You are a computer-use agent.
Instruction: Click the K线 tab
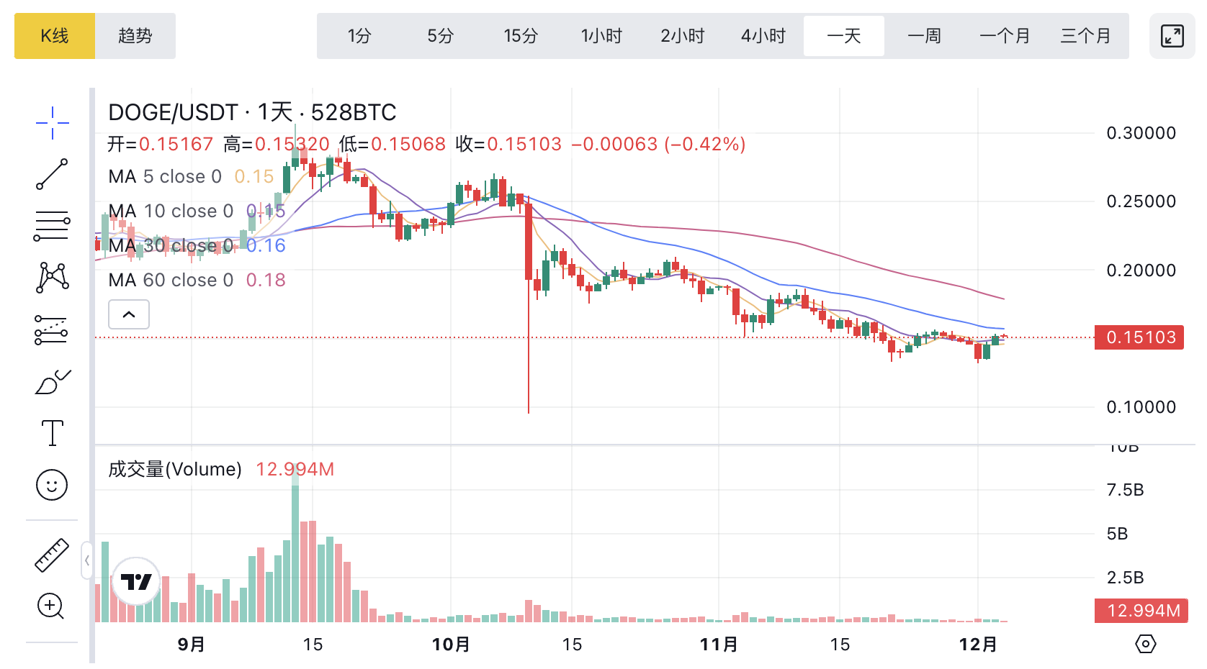pos(55,36)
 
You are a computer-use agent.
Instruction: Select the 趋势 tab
pos(135,36)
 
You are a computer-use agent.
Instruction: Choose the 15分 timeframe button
pos(521,36)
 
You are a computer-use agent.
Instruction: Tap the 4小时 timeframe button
pos(763,36)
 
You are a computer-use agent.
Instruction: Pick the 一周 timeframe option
pos(924,36)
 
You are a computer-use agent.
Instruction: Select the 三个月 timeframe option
pos(1085,36)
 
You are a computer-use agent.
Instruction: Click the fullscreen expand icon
pos(1172,36)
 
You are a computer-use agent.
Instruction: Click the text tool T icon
pos(52,433)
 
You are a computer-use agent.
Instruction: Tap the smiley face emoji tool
pos(52,486)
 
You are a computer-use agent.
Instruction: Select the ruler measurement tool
pos(52,555)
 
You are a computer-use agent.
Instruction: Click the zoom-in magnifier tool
pos(50,606)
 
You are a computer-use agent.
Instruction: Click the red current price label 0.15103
pos(1140,337)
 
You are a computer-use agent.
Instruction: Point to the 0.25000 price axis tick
pos(1141,201)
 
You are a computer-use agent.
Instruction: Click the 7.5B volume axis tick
pos(1125,491)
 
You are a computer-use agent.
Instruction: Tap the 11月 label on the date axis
pos(719,644)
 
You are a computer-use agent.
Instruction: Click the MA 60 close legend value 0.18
pos(266,280)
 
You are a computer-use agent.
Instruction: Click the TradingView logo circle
pos(136,581)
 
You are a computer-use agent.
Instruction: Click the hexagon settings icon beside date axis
pos(1145,644)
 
